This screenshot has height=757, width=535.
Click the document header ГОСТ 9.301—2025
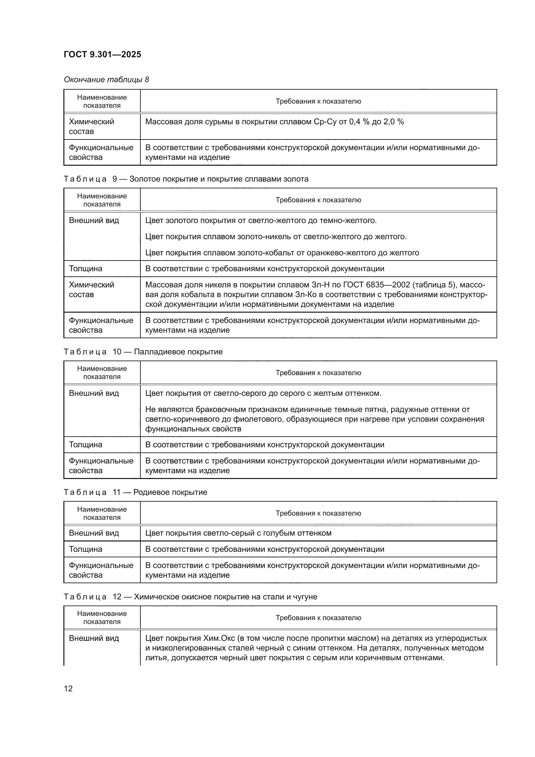click(x=103, y=54)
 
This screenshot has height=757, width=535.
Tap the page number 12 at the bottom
click(x=68, y=688)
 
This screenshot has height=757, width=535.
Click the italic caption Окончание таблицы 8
click(x=106, y=80)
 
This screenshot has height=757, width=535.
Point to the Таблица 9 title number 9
click(x=115, y=179)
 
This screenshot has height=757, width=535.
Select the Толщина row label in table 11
click(x=86, y=549)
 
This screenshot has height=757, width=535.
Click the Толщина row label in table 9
click(x=86, y=269)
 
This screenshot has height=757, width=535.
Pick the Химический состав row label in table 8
click(x=91, y=126)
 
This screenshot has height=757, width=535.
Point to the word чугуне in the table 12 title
click(x=305, y=597)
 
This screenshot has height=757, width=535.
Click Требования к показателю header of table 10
click(x=318, y=373)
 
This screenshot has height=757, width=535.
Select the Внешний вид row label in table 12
click(x=94, y=638)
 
